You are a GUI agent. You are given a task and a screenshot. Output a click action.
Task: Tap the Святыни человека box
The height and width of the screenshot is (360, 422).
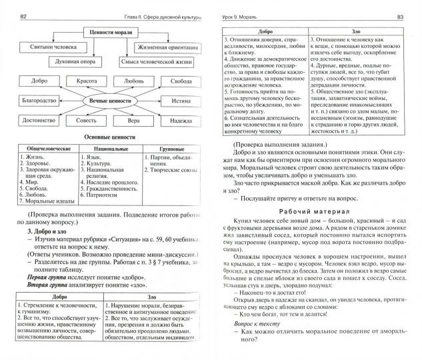click(x=45, y=47)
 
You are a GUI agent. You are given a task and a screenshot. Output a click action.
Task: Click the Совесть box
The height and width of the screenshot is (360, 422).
click(x=85, y=121)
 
